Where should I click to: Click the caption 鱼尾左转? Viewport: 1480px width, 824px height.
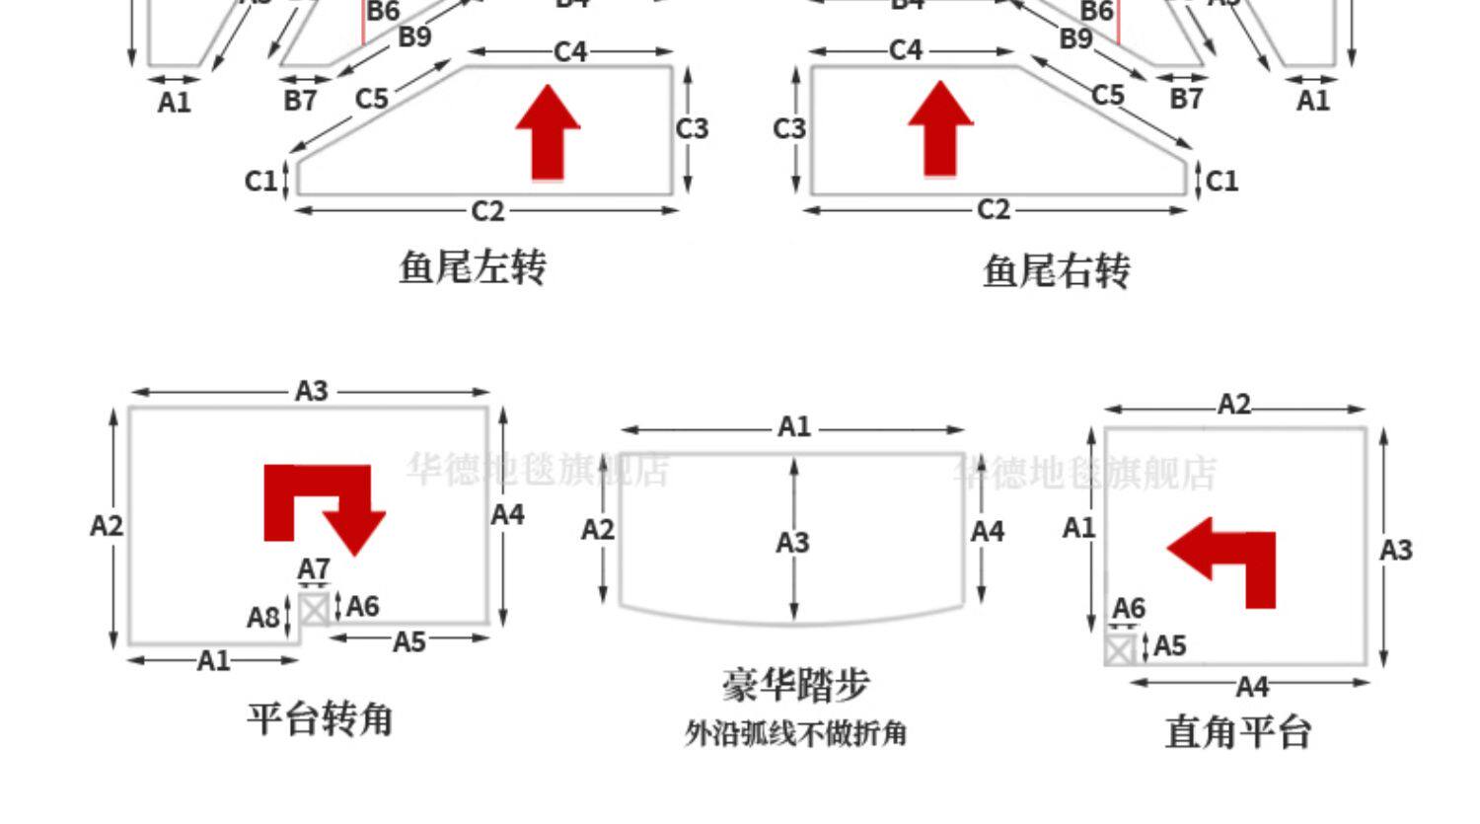click(473, 267)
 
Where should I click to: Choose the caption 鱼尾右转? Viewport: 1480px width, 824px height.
click(1056, 270)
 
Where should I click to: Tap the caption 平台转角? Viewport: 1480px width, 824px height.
click(320, 718)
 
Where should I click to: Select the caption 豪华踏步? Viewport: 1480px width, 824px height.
click(795, 685)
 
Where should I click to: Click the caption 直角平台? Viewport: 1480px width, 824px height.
click(1237, 732)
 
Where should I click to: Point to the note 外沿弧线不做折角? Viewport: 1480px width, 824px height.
click(795, 734)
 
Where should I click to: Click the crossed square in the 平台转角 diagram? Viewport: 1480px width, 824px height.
click(314, 609)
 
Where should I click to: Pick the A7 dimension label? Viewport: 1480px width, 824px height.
click(314, 569)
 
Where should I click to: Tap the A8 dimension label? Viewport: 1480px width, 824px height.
click(263, 618)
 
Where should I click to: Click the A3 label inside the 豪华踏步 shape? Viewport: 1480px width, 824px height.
click(792, 543)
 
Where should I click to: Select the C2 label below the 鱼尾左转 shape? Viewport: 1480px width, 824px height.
click(487, 211)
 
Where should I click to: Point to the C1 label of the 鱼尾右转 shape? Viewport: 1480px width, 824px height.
click(1221, 181)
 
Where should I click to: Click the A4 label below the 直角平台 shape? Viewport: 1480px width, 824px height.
click(1252, 686)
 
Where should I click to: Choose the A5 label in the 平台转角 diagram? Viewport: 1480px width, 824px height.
click(409, 642)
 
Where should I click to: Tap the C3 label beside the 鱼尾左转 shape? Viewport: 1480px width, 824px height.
click(693, 129)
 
